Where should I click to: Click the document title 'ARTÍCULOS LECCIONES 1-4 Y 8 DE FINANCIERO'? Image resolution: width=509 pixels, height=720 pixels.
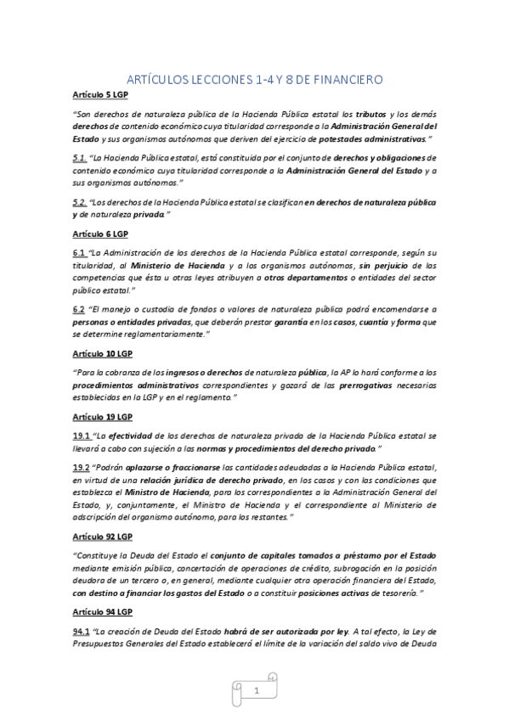click(254, 79)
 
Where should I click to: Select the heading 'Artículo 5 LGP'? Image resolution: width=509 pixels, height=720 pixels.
click(99, 96)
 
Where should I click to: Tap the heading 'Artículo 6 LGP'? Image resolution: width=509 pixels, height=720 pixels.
click(99, 232)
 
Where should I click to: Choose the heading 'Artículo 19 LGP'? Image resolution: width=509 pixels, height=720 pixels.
click(102, 417)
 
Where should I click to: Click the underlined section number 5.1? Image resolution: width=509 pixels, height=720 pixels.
click(80, 158)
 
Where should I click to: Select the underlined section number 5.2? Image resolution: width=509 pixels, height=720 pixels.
click(80, 202)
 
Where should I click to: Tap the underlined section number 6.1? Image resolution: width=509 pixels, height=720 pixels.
click(80, 252)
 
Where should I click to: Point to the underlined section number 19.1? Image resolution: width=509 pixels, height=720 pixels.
click(82, 435)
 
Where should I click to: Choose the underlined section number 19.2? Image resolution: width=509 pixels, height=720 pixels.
click(82, 468)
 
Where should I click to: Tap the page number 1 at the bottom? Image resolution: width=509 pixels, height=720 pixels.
click(256, 692)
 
